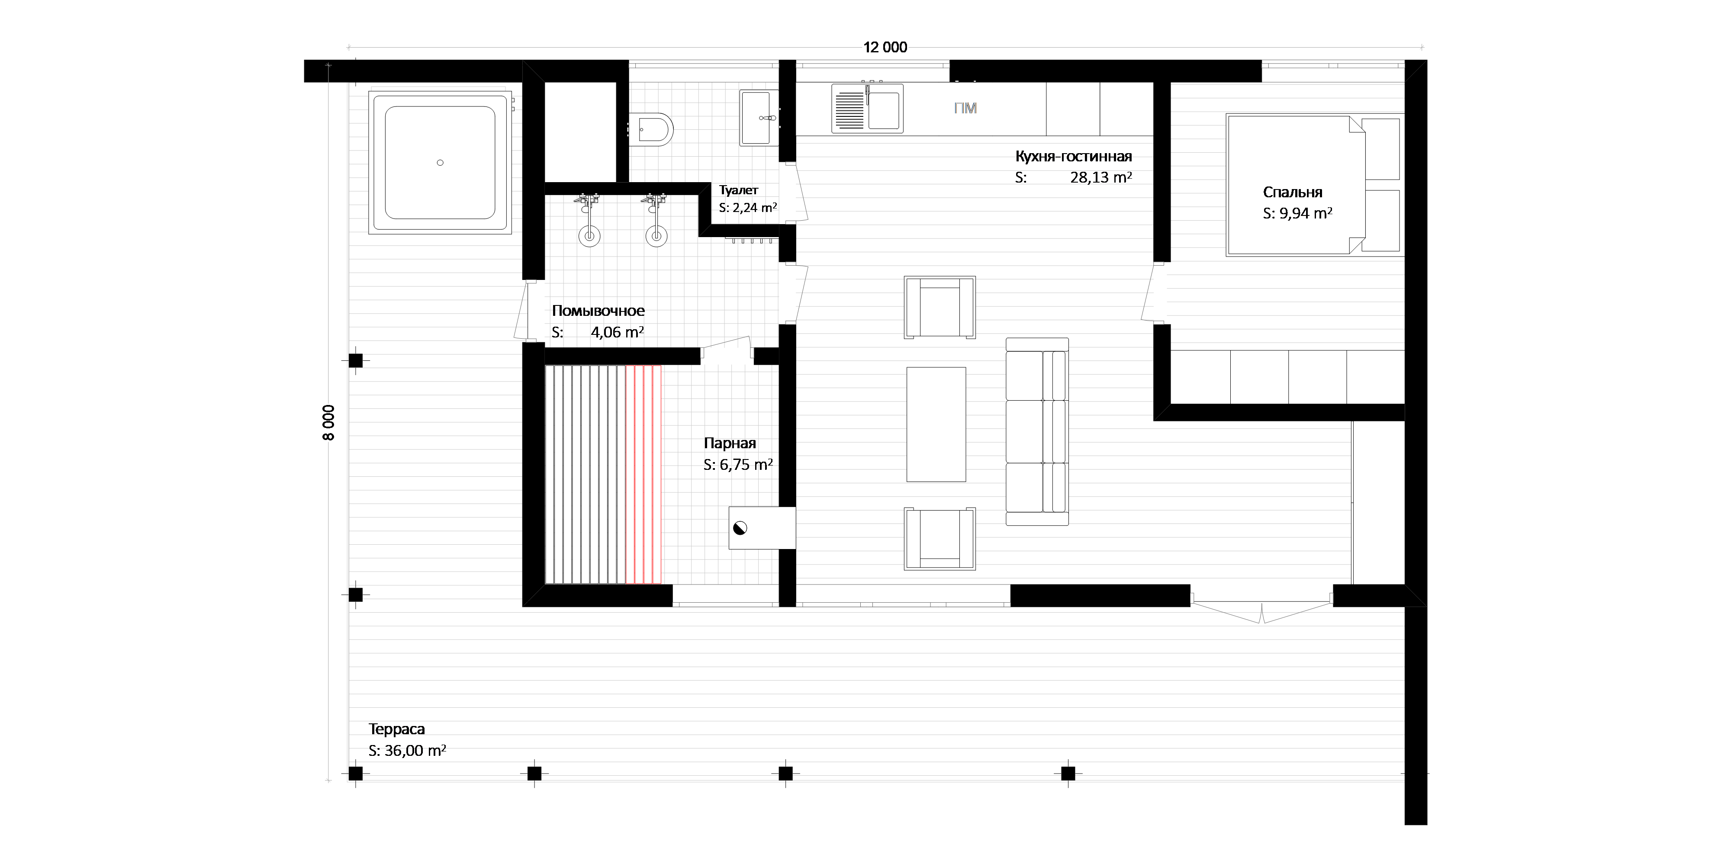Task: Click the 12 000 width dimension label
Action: tap(885, 47)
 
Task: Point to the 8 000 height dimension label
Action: tap(328, 423)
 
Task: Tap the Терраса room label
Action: tap(396, 729)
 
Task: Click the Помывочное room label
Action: tap(598, 310)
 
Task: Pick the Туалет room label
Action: tap(739, 190)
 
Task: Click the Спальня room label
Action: tap(1292, 192)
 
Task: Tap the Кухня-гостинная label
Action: tap(1073, 157)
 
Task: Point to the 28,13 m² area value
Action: tap(1100, 177)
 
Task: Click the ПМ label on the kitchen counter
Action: tap(965, 108)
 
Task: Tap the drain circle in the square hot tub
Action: tap(440, 163)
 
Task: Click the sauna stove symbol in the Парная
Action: tap(740, 528)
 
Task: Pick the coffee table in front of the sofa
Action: tap(936, 424)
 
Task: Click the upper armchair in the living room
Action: tap(940, 307)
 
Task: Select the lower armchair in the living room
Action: tap(940, 539)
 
